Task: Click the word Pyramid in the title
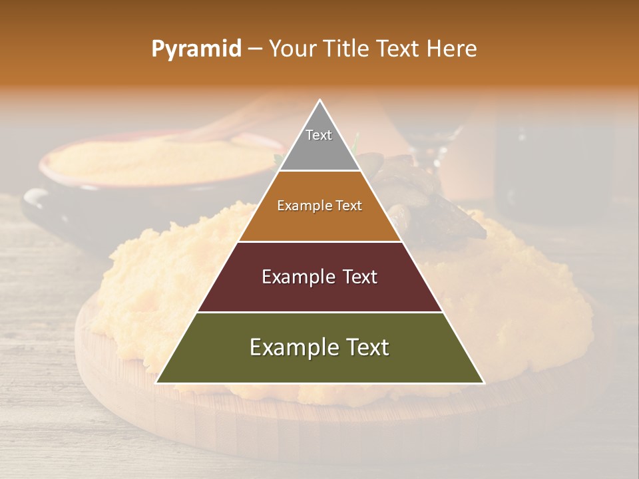196,49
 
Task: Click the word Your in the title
292,49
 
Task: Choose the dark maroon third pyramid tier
319,293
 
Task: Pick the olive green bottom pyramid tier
319,366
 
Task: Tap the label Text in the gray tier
319,135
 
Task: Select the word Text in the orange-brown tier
348,206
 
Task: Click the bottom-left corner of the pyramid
157,383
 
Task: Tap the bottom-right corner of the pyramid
483,383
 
